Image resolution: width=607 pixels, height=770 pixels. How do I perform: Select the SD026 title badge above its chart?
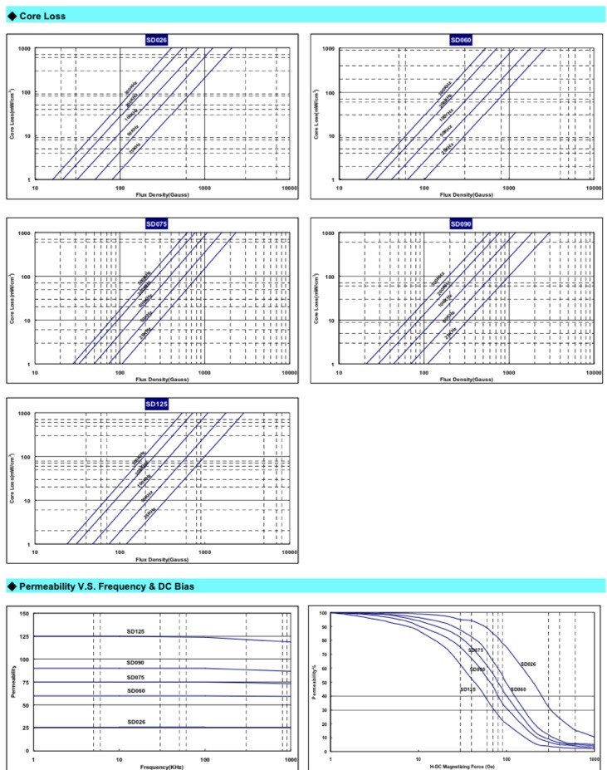tap(156, 40)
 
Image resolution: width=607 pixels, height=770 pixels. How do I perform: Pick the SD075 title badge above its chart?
tap(156, 223)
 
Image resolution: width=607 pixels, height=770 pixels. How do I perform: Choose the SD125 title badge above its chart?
tap(156, 404)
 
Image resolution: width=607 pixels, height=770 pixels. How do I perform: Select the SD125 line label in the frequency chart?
tap(137, 631)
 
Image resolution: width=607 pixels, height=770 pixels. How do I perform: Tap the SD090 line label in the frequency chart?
tap(137, 663)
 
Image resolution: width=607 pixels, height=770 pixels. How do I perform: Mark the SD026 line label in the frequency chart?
tap(137, 722)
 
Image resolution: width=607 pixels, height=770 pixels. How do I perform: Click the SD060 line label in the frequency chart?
tap(137, 690)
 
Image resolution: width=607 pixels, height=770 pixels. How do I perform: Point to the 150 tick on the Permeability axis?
tap(23, 613)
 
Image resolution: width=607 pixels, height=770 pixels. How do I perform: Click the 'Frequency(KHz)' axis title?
tap(161, 767)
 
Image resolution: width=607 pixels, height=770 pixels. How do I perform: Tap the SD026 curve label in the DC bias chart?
tap(529, 664)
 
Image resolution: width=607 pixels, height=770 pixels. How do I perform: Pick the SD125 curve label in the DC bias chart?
tap(467, 689)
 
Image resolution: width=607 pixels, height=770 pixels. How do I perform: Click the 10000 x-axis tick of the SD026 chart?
tap(288, 188)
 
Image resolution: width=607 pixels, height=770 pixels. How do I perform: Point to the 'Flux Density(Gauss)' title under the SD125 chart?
tap(161, 560)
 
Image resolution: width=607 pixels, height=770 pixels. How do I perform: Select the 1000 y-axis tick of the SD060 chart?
tap(329, 49)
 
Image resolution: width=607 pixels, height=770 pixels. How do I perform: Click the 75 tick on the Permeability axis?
tap(25, 682)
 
